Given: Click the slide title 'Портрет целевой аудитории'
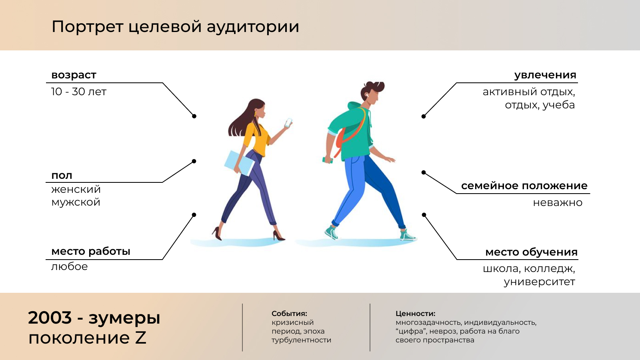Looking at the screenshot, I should coord(175,27).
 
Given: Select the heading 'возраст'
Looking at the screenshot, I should coord(74,75).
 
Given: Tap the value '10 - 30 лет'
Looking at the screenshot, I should coord(79,92).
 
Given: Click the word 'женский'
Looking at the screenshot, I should coord(76,189).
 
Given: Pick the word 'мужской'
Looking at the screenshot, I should coord(76,202).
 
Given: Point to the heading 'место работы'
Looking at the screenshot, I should coord(91,251).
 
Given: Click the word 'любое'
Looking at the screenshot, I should coord(69,266).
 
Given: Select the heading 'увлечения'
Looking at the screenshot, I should coord(545,75).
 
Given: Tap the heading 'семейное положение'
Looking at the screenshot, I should coord(524,186).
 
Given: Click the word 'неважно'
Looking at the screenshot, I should coord(558,203).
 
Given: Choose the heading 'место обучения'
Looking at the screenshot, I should coord(531,252).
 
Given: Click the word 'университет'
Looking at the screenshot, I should coord(539,282).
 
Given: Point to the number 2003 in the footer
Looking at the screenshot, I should coord(50,318).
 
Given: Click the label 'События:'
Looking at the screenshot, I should coord(289,314).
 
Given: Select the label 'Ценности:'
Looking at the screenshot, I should coord(415,314).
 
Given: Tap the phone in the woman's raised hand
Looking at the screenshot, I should coord(288,123).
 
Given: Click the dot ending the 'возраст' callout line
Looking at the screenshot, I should coord(194,116).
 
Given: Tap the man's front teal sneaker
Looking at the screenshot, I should coord(408,235).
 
